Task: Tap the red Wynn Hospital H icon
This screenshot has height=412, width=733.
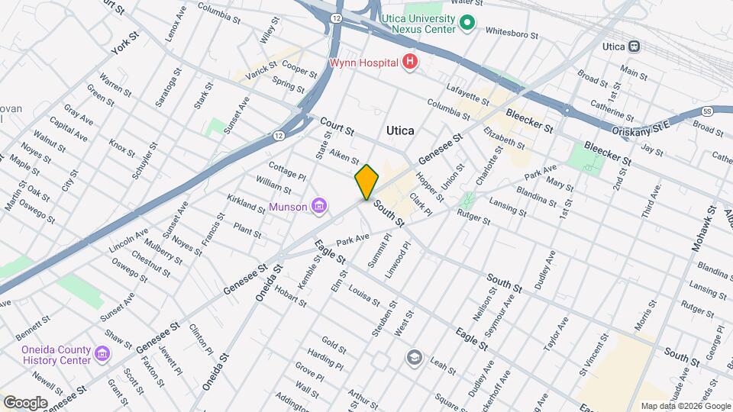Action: coord(411,62)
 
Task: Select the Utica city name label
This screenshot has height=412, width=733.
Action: coord(400,130)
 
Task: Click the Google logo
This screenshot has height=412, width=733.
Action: coord(24,402)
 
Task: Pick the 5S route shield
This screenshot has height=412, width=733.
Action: coord(708,111)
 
